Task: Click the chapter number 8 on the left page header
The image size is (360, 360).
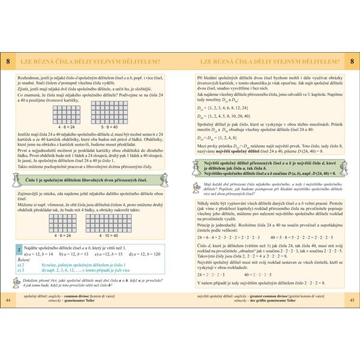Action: pyautogui.click(x=8, y=61)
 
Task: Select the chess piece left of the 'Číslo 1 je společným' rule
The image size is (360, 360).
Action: pyautogui.click(x=16, y=178)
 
